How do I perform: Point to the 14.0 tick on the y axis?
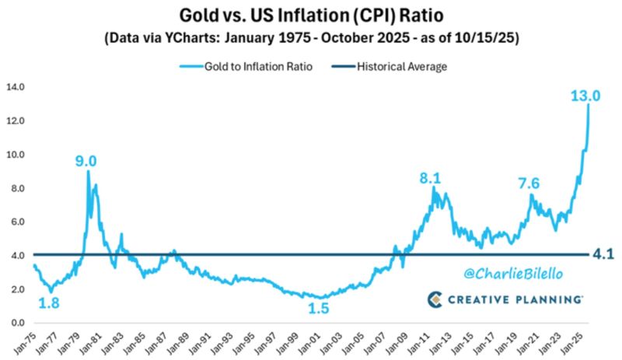[16, 87]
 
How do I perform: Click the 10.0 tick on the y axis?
[16, 155]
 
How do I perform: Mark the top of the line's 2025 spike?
[589, 104]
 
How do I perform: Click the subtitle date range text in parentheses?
[310, 37]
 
